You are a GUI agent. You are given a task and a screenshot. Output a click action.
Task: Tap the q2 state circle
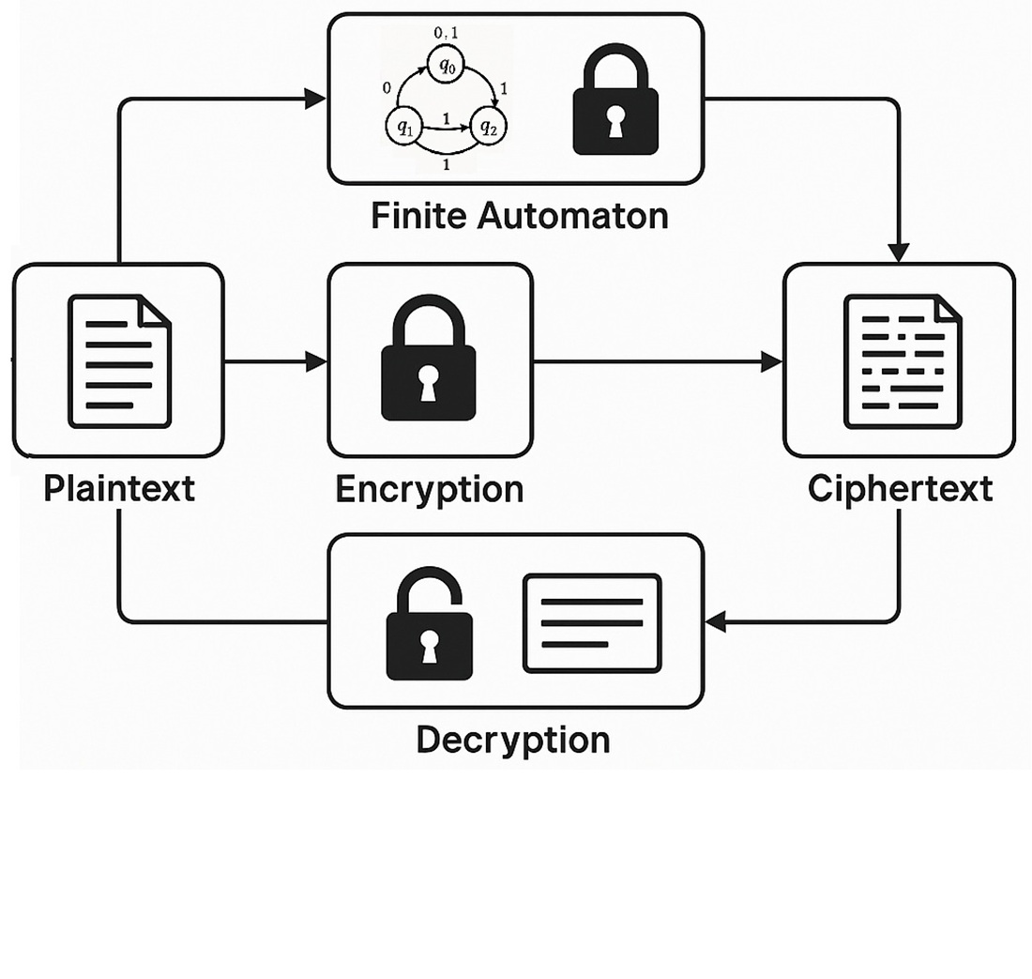(487, 128)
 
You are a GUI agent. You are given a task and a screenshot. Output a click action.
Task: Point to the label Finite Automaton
(519, 216)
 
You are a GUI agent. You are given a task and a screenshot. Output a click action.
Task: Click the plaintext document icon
(119, 361)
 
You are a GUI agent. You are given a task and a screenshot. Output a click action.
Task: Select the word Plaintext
(119, 488)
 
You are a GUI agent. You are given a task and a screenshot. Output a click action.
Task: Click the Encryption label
(429, 489)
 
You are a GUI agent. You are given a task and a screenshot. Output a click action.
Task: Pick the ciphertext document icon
(902, 361)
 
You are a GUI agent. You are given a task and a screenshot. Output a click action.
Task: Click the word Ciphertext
(900, 488)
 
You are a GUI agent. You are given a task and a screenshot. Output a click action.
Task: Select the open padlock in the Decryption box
(430, 627)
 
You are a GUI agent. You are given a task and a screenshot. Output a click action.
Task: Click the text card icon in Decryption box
(592, 623)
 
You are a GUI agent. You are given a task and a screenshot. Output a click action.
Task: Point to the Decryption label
(512, 740)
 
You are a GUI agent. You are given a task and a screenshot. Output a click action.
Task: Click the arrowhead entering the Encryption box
(317, 361)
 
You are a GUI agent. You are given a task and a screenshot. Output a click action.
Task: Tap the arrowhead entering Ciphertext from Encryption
(772, 361)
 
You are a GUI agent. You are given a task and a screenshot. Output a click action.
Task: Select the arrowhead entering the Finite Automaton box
(315, 98)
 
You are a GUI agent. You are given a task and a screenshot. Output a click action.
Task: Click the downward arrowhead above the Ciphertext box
(899, 252)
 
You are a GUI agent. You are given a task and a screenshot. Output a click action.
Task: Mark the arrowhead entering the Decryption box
(715, 620)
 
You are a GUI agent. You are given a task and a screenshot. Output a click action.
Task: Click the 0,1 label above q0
(446, 34)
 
